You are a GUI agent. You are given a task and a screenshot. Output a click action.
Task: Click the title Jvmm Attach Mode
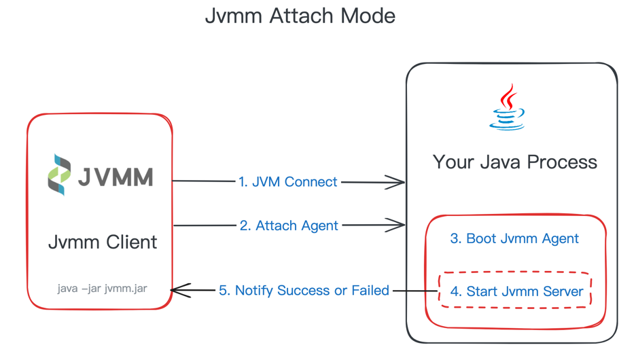coord(300,16)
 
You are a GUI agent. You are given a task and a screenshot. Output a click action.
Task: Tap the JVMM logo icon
coord(59,175)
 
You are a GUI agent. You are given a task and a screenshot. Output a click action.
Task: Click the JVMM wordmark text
coord(115,177)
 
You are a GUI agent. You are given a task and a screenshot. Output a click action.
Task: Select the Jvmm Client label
coord(103,242)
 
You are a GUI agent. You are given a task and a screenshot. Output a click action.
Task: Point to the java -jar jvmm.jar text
coord(102,288)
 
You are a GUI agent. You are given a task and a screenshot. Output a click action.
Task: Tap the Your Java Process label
coord(514,162)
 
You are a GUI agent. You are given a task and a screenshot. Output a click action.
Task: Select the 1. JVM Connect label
coord(287,182)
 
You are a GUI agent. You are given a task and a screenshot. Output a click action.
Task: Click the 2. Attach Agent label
coord(289,226)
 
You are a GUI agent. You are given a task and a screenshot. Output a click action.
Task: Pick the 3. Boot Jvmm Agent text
coord(514,238)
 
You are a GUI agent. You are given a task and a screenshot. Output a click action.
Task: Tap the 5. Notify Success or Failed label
coord(304,291)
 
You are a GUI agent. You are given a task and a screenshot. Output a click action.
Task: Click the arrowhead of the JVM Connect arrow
coord(397,181)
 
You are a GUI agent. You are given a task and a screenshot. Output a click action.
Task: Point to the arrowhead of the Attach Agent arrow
coord(397,225)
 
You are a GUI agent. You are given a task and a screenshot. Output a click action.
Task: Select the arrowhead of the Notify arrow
coord(179,291)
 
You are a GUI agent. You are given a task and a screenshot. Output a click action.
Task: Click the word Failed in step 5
coord(370,291)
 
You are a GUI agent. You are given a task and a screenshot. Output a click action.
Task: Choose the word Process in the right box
coord(566,162)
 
